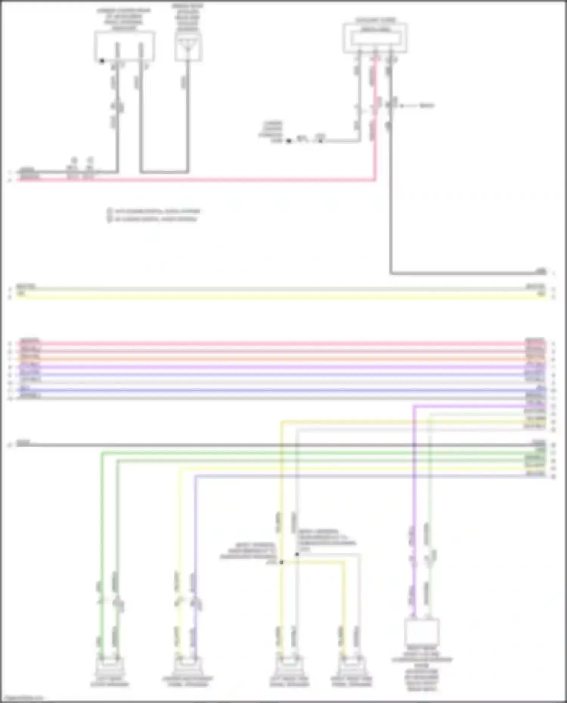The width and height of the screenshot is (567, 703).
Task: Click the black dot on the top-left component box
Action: tap(102, 60)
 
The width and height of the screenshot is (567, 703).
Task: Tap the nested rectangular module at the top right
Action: tap(375, 38)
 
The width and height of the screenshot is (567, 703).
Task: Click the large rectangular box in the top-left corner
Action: tap(124, 46)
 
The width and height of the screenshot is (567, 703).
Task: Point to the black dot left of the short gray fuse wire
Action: tap(288, 141)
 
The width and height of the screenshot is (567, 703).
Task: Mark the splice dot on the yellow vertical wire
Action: tap(281, 562)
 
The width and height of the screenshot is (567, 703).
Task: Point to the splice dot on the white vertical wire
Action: tap(297, 554)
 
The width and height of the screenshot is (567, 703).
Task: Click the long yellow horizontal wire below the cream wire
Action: tap(280, 297)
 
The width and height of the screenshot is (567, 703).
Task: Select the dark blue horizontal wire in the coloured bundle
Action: tap(280, 391)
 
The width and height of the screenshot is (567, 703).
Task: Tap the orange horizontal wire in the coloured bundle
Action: tap(280, 359)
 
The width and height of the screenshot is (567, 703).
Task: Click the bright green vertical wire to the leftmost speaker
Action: tap(101, 529)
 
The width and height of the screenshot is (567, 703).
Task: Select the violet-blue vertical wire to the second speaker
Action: tap(195, 529)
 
